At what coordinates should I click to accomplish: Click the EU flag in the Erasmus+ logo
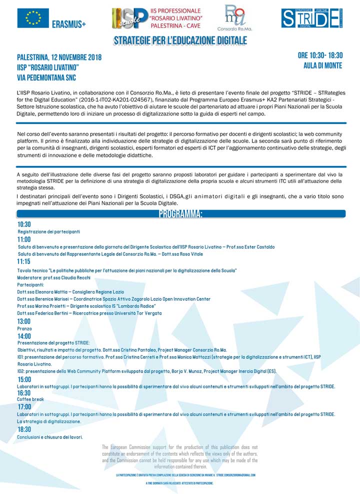click(x=33, y=18)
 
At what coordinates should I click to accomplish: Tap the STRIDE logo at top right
click(x=311, y=18)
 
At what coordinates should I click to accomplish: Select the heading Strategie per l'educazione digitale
click(x=180, y=40)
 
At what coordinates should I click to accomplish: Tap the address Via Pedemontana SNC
click(x=46, y=77)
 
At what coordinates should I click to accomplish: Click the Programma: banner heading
click(x=180, y=214)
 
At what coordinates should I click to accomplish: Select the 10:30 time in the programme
click(x=24, y=224)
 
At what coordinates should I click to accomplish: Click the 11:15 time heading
click(x=23, y=261)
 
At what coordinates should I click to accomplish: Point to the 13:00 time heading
click(x=24, y=321)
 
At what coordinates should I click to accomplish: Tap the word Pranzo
click(x=24, y=329)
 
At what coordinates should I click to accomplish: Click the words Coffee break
click(x=30, y=399)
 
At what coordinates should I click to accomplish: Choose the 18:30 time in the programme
click(x=24, y=429)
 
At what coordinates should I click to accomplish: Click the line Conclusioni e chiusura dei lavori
click(x=50, y=437)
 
